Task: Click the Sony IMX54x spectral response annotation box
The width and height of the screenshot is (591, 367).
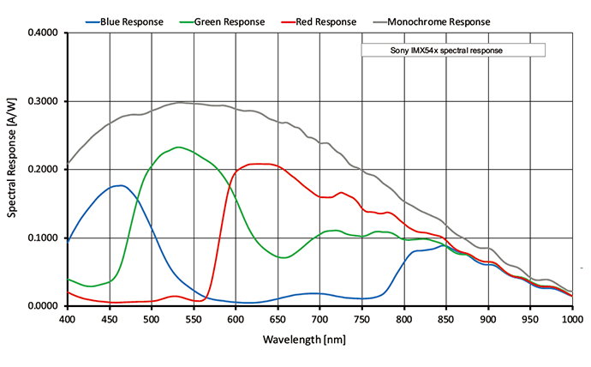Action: (x=453, y=51)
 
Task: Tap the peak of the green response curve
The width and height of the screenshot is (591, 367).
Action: (x=177, y=147)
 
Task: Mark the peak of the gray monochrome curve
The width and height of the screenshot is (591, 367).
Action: (x=181, y=102)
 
